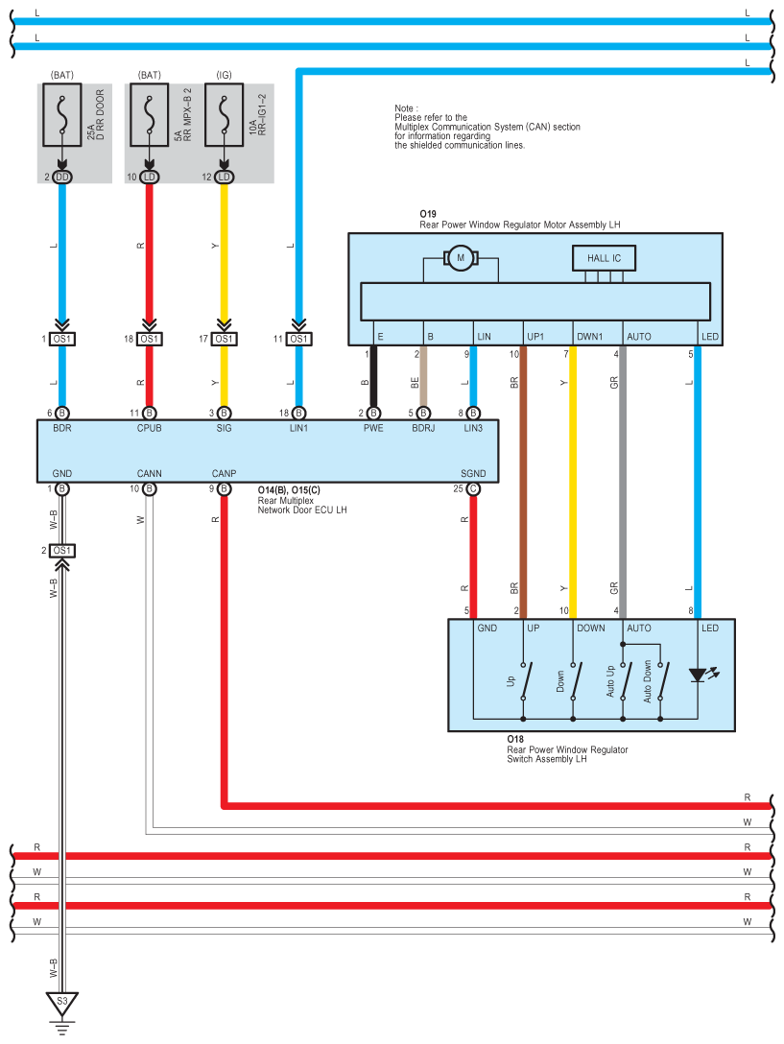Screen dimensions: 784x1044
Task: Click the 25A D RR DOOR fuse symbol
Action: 62,114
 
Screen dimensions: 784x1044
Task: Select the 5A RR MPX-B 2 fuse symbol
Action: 149,114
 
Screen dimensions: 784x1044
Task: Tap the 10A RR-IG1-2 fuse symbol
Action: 224,114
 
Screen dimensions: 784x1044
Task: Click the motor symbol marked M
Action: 460,258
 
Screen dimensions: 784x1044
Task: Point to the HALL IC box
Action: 604,258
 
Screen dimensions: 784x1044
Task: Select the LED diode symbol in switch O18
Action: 698,676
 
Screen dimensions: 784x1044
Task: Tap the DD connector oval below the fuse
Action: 62,178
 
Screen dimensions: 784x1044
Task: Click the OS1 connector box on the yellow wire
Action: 224,339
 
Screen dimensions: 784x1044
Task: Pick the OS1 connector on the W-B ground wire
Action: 62,551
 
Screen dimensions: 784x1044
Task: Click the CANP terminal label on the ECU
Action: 224,473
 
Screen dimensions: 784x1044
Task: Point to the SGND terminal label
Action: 473,473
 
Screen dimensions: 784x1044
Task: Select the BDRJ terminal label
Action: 423,428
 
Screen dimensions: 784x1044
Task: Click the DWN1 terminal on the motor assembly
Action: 589,336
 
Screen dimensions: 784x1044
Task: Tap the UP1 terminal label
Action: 535,336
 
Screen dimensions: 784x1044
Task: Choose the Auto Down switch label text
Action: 647,681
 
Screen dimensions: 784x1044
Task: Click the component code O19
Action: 428,214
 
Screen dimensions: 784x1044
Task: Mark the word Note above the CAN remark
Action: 404,107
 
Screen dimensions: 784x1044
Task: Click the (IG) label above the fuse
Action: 224,75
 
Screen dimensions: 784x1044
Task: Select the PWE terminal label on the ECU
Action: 373,428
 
